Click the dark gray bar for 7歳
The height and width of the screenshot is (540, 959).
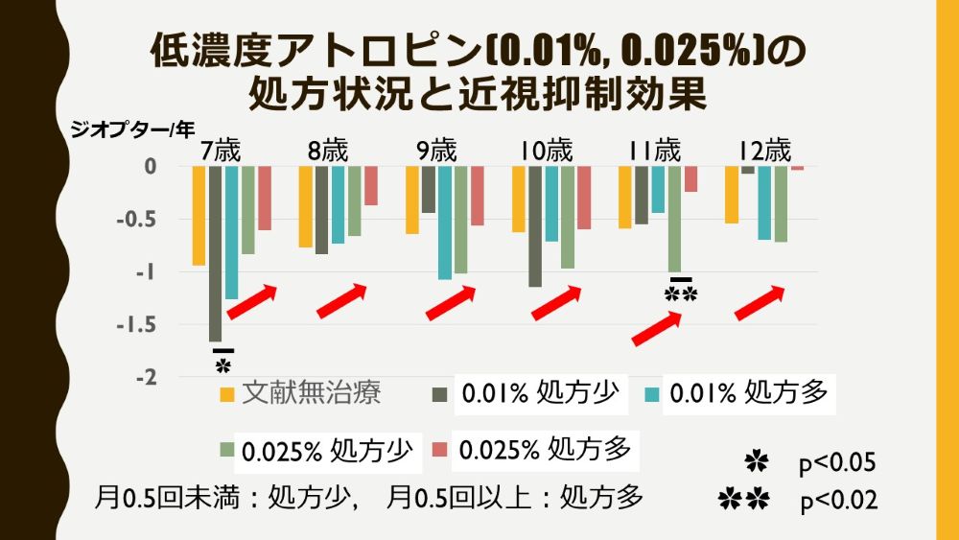[x=215, y=253]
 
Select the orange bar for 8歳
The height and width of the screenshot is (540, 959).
[x=305, y=207]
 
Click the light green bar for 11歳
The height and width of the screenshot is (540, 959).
[x=674, y=219]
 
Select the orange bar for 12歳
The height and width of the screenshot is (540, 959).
[x=732, y=195]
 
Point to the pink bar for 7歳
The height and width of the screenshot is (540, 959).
[x=265, y=199]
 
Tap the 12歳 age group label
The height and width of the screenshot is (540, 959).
[x=764, y=151]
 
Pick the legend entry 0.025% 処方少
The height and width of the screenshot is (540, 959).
[x=327, y=449]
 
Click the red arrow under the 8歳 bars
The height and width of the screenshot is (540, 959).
[x=342, y=301]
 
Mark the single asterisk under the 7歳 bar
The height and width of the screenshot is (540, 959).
[x=223, y=364]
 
